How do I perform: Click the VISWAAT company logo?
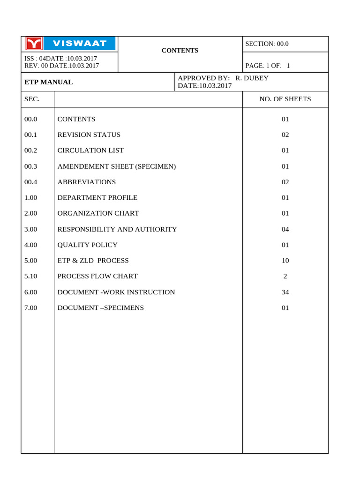click(70, 44)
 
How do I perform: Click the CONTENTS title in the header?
click(180, 51)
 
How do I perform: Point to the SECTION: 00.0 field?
click(267, 44)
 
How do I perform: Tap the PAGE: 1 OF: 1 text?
click(268, 66)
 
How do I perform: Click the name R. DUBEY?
click(252, 78)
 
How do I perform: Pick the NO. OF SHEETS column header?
click(285, 99)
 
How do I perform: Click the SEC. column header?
click(32, 99)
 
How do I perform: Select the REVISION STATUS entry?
click(89, 135)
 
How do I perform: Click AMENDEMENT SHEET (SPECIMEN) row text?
click(117, 166)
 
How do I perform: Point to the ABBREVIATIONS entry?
click(87, 182)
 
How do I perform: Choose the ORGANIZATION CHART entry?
click(98, 213)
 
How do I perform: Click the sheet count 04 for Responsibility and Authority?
click(285, 229)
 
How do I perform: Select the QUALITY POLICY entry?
click(88, 245)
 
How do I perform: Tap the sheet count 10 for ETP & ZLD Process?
click(285, 261)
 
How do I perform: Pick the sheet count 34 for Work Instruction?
click(285, 292)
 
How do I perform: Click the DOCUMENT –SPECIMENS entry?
click(101, 308)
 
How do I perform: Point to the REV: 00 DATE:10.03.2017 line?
click(62, 66)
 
